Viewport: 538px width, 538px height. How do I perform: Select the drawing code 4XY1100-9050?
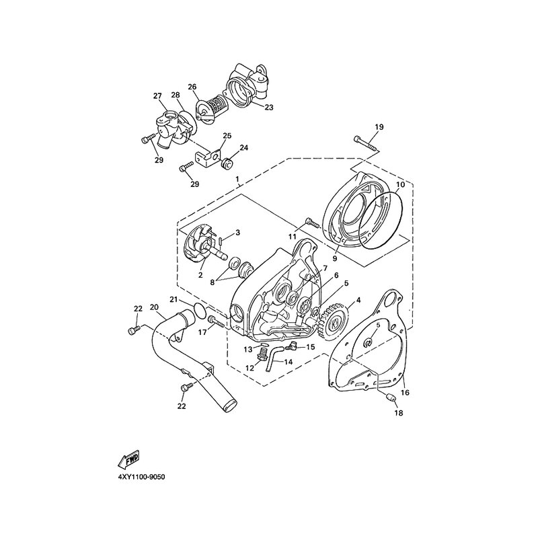point(141,476)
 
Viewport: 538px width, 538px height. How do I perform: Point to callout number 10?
point(400,184)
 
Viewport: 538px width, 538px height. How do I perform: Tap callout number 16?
point(405,391)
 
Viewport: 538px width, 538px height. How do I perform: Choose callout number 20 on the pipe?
point(154,307)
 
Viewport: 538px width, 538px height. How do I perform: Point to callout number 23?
point(268,106)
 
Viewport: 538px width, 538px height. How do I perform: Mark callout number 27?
point(159,96)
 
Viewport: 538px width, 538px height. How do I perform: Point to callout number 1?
point(237,180)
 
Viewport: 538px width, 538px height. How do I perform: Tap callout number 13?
point(247,349)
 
